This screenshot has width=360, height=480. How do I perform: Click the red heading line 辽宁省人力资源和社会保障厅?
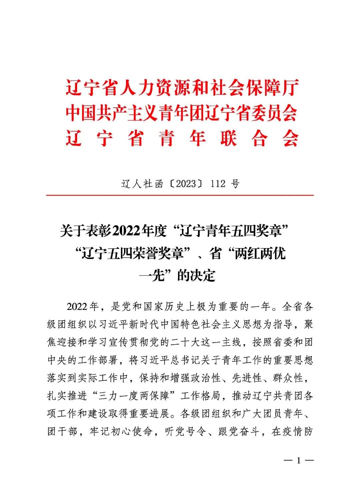(x=182, y=88)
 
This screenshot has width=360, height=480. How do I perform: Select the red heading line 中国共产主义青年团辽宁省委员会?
(x=182, y=113)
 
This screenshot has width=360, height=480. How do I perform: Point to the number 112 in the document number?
(x=218, y=183)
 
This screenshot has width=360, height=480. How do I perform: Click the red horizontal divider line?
(x=180, y=195)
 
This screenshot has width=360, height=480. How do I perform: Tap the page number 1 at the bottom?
(x=299, y=461)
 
